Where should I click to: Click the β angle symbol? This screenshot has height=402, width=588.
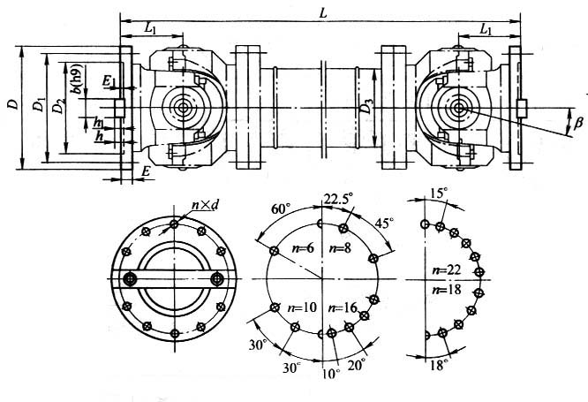pyautogui.click(x=578, y=123)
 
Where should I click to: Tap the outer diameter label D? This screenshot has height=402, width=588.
pyautogui.click(x=11, y=104)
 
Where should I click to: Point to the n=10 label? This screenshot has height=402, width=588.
pyautogui.click(x=302, y=307)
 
